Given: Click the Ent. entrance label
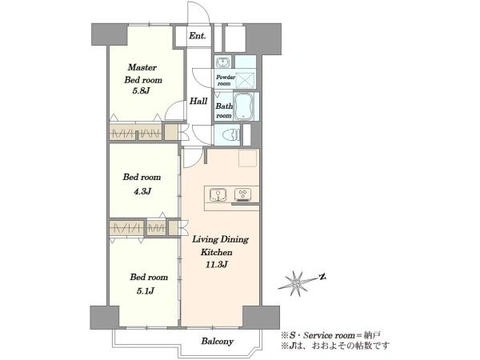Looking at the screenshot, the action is (x=197, y=36).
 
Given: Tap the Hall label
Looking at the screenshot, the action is (x=198, y=101).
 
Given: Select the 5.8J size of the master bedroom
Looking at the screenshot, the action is (x=141, y=91).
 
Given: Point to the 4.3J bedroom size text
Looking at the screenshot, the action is (x=142, y=192).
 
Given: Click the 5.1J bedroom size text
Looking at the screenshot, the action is (x=145, y=291).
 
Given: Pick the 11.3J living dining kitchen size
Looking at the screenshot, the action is (x=216, y=265).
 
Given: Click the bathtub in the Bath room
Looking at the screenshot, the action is (x=244, y=106).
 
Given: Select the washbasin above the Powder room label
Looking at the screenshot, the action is (x=222, y=62).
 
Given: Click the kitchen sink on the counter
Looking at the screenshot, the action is (x=218, y=195).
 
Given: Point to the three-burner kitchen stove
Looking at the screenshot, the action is (x=243, y=195).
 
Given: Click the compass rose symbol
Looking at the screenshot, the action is (x=296, y=284).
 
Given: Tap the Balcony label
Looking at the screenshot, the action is (x=218, y=342).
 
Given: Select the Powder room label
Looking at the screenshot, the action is (x=226, y=80).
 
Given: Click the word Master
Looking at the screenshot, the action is (x=142, y=67).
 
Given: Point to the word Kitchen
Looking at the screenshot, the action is (x=217, y=252).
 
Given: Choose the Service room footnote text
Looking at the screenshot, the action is (x=331, y=335).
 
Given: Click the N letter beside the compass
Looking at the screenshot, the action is (x=322, y=278).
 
